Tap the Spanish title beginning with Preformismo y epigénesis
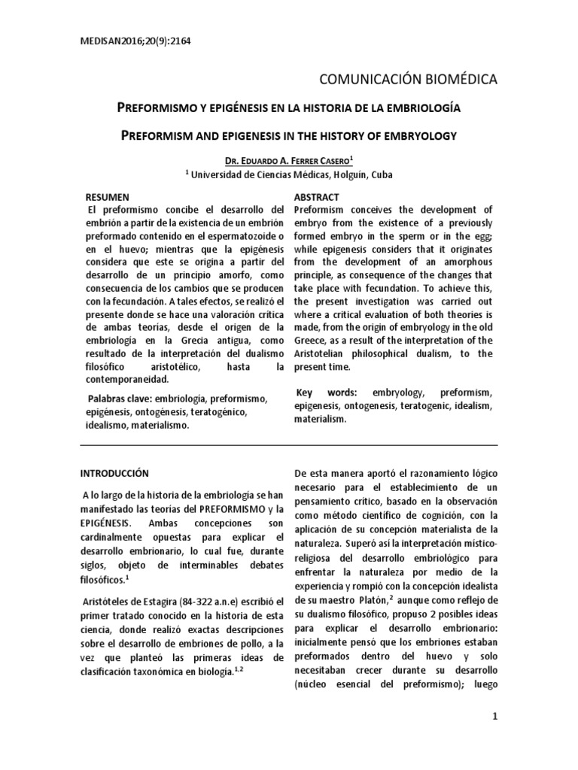pyautogui.click(x=290, y=109)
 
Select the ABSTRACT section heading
pyautogui.click(x=317, y=196)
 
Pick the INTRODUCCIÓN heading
pyautogui.click(x=114, y=473)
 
